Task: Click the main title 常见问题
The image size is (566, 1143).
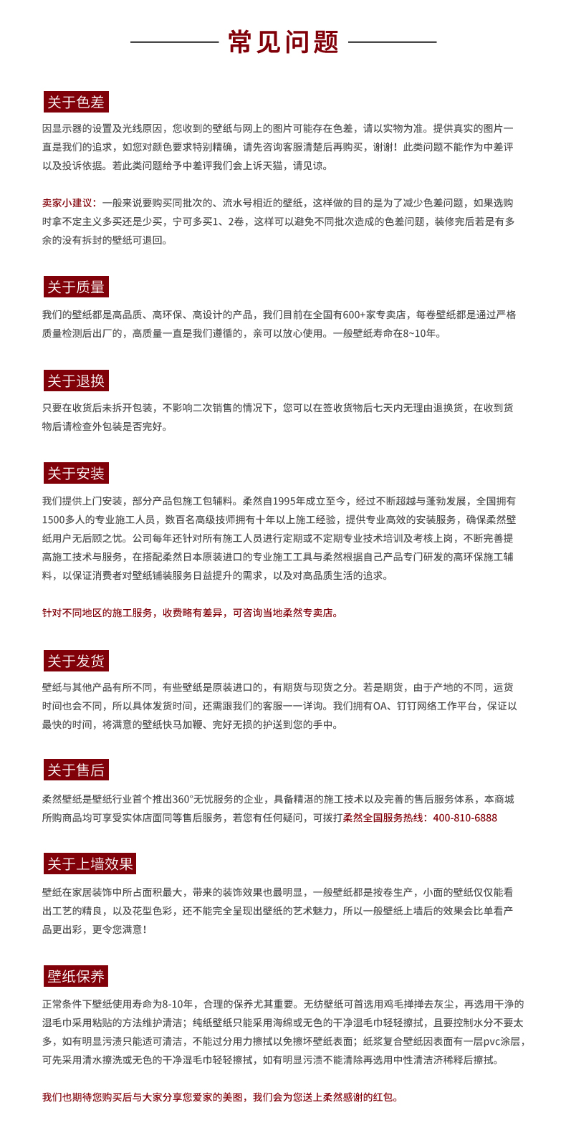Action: pos(283,42)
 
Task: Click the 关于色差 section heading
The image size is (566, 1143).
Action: pos(75,102)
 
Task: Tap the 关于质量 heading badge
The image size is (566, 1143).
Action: pos(75,287)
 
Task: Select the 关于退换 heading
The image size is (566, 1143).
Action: pos(75,381)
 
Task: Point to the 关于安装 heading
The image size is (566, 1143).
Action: pos(75,474)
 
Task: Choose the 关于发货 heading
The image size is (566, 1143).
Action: pos(75,661)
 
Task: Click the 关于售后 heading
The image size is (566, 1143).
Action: pos(75,770)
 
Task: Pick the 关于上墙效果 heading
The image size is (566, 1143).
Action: pos(90,864)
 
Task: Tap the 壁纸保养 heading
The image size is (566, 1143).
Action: pos(75,976)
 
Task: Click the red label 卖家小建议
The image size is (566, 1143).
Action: pos(70,203)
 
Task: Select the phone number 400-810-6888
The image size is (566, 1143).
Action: pos(465,818)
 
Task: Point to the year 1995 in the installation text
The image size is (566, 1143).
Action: pos(295,501)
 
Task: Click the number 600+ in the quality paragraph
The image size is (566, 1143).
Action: pos(355,315)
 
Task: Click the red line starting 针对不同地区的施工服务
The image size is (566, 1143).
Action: pos(190,613)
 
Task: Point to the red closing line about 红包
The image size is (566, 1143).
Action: pos(220,1097)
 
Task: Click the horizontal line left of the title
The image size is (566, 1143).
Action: pos(174,42)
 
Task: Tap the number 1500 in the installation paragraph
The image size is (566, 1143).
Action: pos(54,520)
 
